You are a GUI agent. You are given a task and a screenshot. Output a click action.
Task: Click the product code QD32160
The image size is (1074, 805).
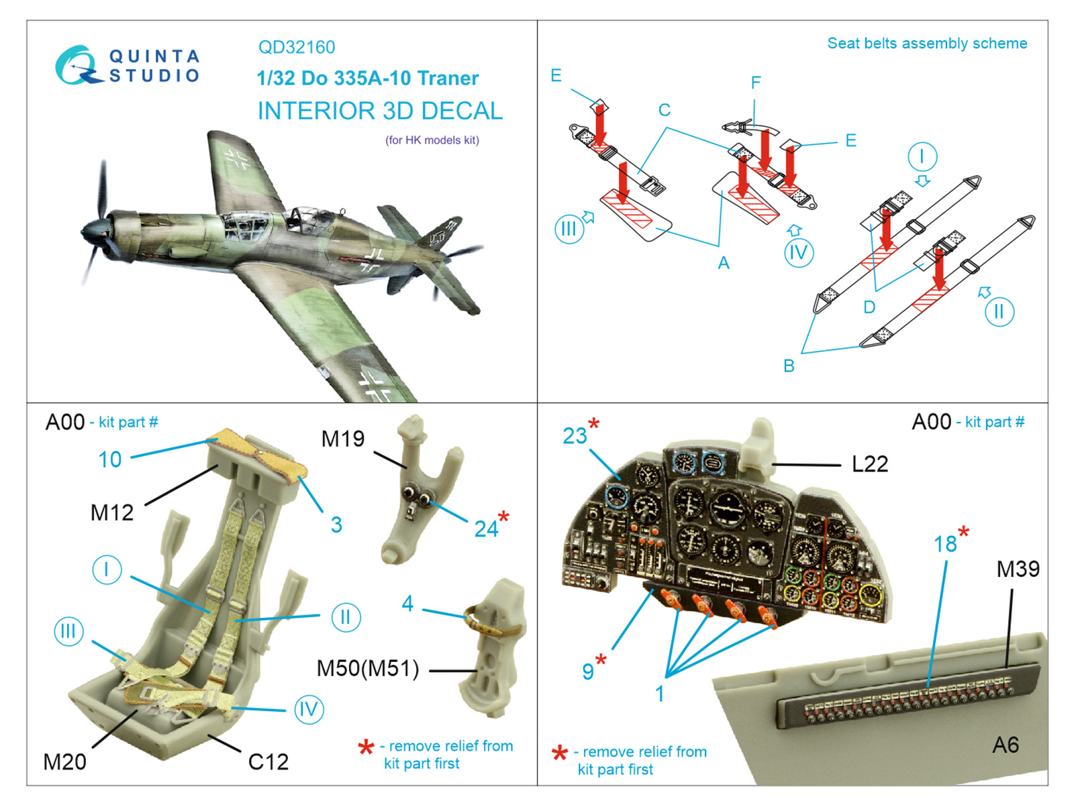click(x=296, y=48)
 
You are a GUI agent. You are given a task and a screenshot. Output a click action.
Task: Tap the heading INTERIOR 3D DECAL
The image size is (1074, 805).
click(x=380, y=111)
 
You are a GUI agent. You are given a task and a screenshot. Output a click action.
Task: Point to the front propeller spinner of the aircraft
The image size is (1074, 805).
click(x=88, y=232)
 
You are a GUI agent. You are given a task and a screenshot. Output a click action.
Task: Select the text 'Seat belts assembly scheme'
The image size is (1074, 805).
click(x=926, y=44)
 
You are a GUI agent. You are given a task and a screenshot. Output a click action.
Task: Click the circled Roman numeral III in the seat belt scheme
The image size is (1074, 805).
click(x=569, y=229)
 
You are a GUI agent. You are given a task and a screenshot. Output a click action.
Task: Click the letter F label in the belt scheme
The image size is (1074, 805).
click(x=756, y=83)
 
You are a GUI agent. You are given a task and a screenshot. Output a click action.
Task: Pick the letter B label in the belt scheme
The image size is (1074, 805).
click(x=789, y=366)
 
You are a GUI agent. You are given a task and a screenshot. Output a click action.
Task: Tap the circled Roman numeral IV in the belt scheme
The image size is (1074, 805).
click(x=798, y=253)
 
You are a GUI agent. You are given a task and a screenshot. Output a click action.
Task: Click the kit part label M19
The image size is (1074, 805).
click(x=342, y=439)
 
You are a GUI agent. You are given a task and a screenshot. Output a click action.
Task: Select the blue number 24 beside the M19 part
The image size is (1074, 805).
click(x=486, y=529)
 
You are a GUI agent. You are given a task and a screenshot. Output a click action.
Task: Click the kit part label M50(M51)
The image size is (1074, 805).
click(x=368, y=669)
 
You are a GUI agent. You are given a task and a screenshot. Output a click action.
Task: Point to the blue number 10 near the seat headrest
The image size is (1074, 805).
click(x=110, y=460)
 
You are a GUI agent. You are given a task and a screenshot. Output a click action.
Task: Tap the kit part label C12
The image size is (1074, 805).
click(x=268, y=762)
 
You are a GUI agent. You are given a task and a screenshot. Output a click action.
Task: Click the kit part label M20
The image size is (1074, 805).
click(x=64, y=762)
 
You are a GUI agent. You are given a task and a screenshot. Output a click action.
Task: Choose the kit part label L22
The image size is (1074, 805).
click(x=869, y=464)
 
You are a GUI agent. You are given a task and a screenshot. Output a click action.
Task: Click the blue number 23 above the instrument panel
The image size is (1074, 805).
click(x=575, y=436)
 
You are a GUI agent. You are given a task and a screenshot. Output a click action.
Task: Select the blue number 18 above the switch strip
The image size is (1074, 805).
click(x=945, y=544)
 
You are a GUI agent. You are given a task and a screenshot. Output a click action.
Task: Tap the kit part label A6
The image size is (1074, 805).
click(x=1005, y=745)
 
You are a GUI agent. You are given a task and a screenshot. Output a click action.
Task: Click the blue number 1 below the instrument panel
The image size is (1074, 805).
click(x=660, y=694)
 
